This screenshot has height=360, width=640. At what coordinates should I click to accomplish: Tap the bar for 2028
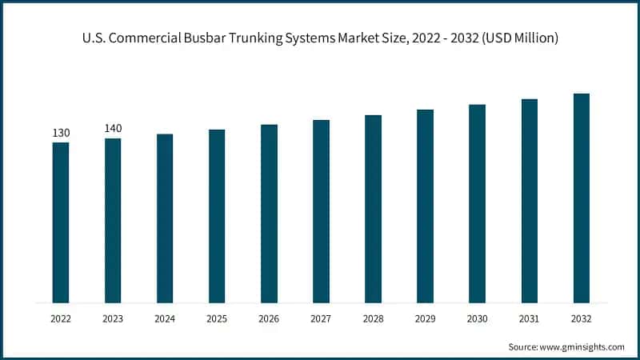point(373,209)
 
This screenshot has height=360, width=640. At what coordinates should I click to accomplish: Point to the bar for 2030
point(478,203)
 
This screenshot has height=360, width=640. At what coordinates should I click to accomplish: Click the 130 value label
point(61,133)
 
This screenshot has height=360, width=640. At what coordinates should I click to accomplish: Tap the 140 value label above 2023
point(113,129)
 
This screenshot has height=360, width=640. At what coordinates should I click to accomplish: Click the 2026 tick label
point(269,318)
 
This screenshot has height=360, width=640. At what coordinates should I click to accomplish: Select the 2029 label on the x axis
point(425,318)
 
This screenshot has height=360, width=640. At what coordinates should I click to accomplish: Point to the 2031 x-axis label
point(529,318)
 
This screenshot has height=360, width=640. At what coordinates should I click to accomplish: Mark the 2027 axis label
point(321,318)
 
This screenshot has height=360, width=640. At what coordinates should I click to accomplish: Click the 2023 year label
point(113,318)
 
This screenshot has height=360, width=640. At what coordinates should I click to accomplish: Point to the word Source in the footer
point(523,346)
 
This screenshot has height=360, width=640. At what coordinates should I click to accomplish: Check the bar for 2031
point(530,201)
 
